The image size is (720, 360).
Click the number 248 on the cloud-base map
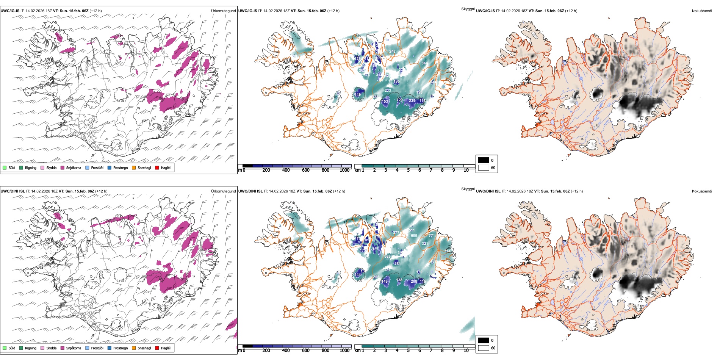pyautogui.click(x=392, y=52)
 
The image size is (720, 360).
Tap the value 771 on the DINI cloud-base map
pyautogui.click(x=432, y=236)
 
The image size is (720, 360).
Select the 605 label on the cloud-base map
pyautogui.click(x=414, y=236)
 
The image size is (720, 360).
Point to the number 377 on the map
pyautogui.click(x=396, y=233)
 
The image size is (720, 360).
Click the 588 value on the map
pyautogui.click(x=387, y=257)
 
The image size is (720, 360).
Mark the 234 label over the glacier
pyautogui.click(x=412, y=101)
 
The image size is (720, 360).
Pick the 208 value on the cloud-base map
pyautogui.click(x=414, y=281)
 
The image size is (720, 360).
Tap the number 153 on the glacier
pyautogui.click(x=385, y=102)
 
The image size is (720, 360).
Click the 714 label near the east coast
pyautogui.click(x=448, y=251)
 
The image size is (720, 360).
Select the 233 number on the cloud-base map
pyautogui.click(x=388, y=91)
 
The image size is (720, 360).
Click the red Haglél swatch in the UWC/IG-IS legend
pyautogui.click(x=157, y=167)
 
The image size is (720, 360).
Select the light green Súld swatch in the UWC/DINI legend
pyautogui.click(x=5, y=348)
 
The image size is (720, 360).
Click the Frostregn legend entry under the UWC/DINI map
pyautogui.click(x=117, y=348)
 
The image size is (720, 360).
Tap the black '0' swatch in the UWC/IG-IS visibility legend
pyautogui.click(x=484, y=160)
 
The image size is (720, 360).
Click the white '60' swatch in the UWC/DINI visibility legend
pyautogui.click(x=484, y=348)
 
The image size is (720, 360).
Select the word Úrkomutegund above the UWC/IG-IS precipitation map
pyautogui.click(x=223, y=11)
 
